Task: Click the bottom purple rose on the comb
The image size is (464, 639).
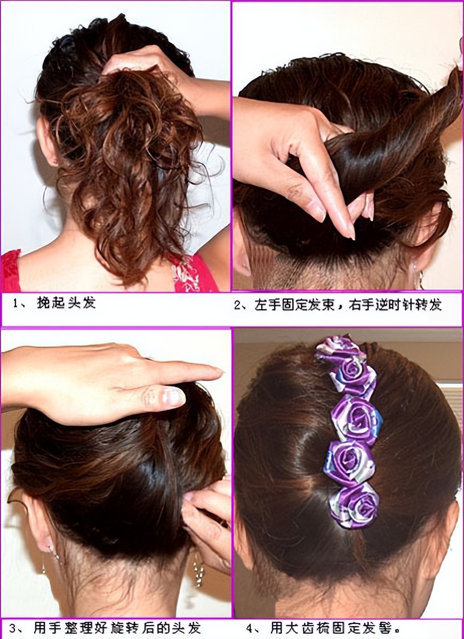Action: point(355,503)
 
